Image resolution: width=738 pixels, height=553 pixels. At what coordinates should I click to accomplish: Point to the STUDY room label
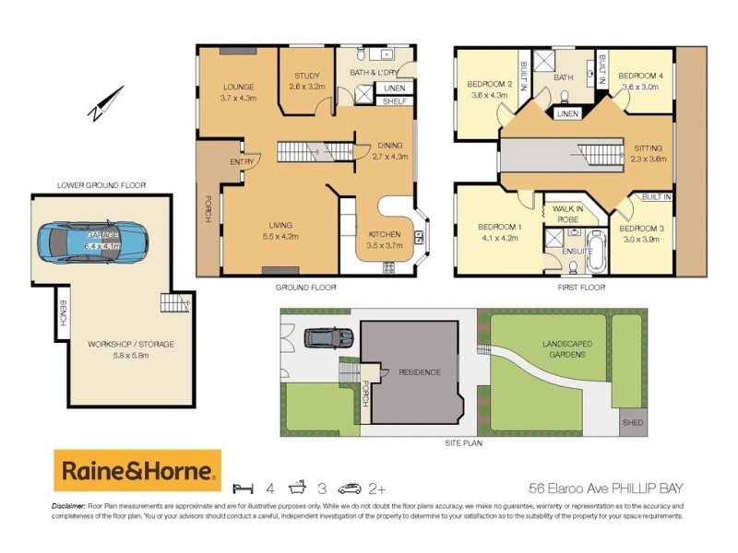coord(307,76)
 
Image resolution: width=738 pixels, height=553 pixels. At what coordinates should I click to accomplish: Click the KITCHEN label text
coord(384,234)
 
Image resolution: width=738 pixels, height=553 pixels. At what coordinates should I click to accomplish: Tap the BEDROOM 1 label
coord(498,228)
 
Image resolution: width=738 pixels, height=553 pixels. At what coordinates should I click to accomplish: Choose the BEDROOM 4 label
coord(640,76)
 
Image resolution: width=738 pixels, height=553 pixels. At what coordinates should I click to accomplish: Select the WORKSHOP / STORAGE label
coord(131,344)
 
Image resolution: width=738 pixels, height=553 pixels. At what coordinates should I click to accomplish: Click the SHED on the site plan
coord(631,424)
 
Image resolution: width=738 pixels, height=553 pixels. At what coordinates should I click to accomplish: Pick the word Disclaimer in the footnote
coord(67,507)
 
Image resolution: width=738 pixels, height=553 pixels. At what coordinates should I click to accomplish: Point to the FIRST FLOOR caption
coord(583,288)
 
